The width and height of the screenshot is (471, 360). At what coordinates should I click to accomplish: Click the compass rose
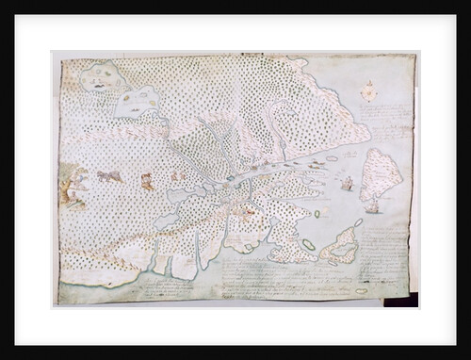[x=368, y=92]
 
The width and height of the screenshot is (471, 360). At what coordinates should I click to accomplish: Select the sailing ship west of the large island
[x=347, y=182]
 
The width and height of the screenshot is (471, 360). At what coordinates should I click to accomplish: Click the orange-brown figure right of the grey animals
[x=146, y=181]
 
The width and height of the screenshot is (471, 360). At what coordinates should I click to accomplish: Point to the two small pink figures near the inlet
[x=177, y=175]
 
